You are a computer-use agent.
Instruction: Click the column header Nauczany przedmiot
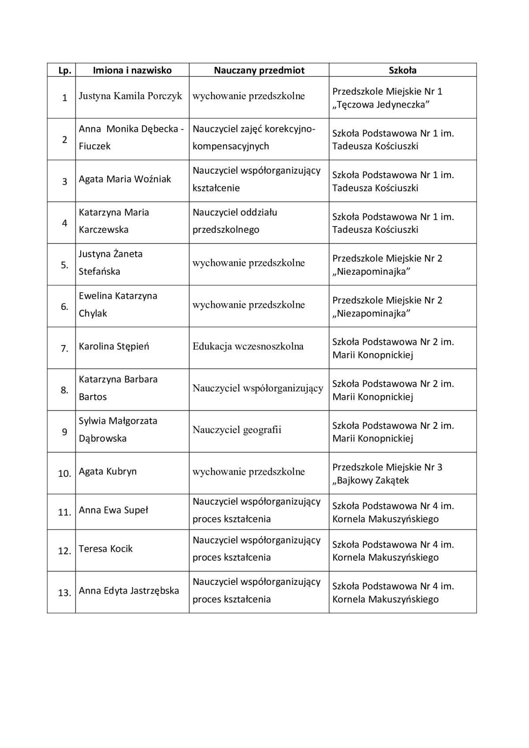[x=259, y=70]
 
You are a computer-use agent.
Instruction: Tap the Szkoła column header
[x=402, y=70]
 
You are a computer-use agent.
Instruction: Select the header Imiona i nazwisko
[x=132, y=70]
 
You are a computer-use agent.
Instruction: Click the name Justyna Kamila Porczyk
[x=130, y=96]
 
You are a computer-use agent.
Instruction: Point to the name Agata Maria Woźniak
[x=125, y=179]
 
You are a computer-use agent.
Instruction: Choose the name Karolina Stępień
[x=114, y=346]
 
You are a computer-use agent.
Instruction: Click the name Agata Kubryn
[x=108, y=471]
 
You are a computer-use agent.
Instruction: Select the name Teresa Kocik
[x=106, y=549]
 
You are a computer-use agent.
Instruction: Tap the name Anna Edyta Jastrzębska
[x=129, y=591]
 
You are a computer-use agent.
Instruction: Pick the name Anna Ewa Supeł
[x=113, y=510]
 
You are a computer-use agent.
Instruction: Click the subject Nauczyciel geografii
[x=237, y=430]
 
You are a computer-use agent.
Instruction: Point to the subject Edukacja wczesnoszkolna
[x=248, y=346]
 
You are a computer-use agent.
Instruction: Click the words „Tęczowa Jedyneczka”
[x=381, y=104]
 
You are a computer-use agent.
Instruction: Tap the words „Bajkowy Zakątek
[x=371, y=480]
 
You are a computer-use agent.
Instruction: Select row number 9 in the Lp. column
[x=65, y=432]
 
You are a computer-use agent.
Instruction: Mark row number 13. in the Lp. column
[x=65, y=593]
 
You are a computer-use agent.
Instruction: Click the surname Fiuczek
[x=95, y=146]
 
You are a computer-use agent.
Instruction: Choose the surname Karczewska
[x=104, y=230]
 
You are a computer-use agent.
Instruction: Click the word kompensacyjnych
[x=231, y=146]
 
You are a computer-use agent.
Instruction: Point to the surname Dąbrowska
[x=103, y=439]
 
